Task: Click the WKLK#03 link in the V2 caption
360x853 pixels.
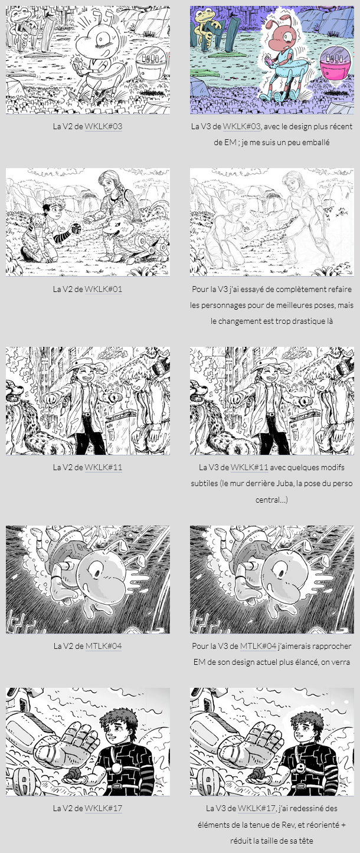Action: [x=103, y=126]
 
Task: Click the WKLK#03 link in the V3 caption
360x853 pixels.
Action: [x=241, y=126]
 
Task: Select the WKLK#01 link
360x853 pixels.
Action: [x=103, y=289]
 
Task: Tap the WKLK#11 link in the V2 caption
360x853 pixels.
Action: [x=103, y=467]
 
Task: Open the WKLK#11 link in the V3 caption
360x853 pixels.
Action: [x=250, y=467]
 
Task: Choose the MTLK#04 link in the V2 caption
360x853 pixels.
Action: [x=104, y=646]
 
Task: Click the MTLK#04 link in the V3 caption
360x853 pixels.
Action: [x=258, y=646]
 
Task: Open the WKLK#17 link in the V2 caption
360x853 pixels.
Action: [x=103, y=808]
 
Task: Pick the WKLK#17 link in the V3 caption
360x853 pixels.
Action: [x=256, y=808]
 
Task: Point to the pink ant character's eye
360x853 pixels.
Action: [x=287, y=37]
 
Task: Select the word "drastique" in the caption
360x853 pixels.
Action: [x=310, y=321]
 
